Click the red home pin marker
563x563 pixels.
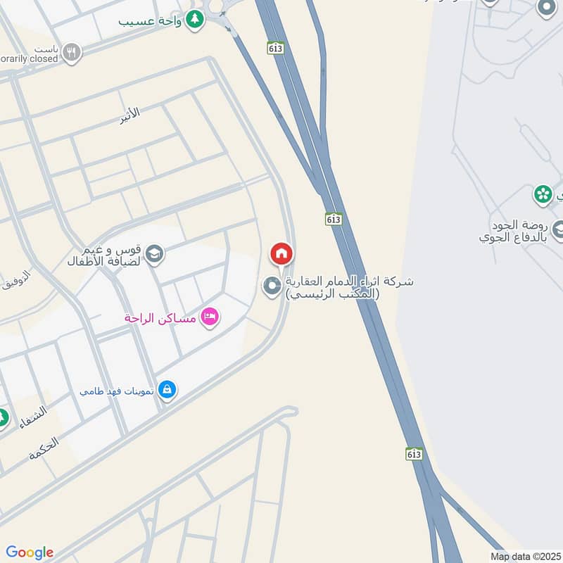click(281, 253)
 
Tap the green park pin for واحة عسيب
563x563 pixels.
click(196, 20)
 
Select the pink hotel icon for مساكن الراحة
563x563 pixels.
click(210, 317)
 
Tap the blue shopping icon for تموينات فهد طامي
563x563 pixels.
click(167, 388)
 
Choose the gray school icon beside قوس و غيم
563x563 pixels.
click(154, 254)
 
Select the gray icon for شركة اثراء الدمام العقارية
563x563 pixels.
click(272, 286)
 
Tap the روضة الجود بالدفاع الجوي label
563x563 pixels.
click(512, 232)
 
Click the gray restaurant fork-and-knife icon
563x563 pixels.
click(71, 51)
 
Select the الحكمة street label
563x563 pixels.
click(44, 448)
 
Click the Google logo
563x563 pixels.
click(30, 552)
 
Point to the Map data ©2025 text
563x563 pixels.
click(526, 556)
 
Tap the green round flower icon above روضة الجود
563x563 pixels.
click(543, 194)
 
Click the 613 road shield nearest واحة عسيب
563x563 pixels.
click(275, 47)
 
